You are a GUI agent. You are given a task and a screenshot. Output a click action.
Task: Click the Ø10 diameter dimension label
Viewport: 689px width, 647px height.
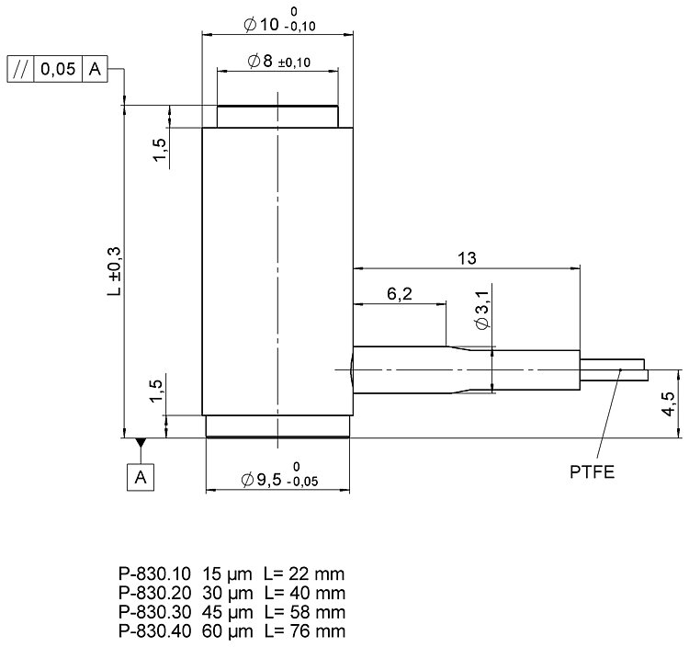tap(279, 21)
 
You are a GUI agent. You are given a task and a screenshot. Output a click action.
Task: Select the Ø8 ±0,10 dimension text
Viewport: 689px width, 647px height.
tap(279, 61)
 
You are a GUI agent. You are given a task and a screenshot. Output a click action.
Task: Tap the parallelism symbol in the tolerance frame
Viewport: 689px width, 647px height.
tap(20, 69)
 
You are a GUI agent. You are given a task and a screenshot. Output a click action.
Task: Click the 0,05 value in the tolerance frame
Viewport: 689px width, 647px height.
tap(58, 69)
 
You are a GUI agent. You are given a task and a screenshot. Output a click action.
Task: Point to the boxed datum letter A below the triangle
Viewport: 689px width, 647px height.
tap(141, 477)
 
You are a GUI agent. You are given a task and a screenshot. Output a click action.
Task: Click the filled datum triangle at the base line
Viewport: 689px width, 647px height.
tap(141, 442)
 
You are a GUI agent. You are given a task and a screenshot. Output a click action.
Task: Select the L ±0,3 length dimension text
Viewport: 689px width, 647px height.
tap(114, 271)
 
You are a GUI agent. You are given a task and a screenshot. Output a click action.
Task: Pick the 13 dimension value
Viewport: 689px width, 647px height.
tap(467, 258)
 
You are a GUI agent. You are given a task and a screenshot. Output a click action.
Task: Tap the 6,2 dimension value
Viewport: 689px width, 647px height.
tap(400, 293)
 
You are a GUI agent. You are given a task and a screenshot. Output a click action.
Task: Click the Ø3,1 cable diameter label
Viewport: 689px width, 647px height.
tap(482, 310)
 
